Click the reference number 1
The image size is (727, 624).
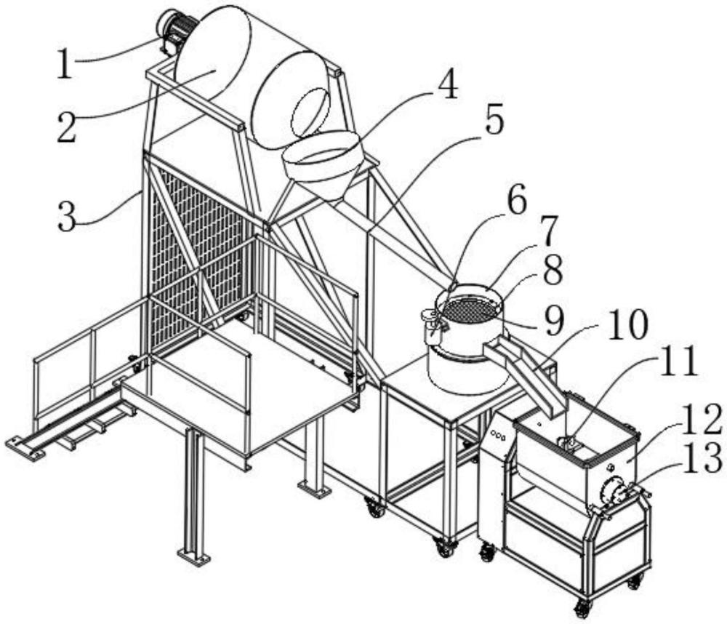[65, 65]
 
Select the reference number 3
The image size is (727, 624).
[67, 217]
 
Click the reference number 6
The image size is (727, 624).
[517, 203]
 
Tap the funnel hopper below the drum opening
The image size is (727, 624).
[321, 164]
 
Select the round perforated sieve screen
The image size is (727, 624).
[469, 310]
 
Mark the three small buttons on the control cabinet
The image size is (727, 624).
[499, 435]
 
